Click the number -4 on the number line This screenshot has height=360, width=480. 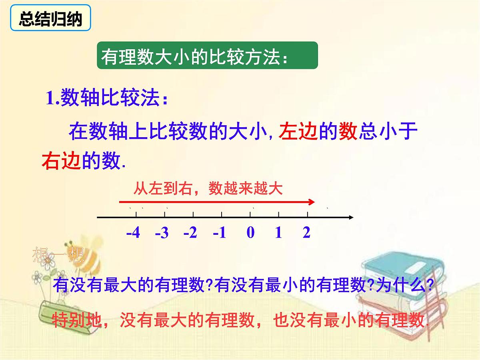133,232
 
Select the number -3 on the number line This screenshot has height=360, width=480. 162,232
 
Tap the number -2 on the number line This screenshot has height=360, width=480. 190,232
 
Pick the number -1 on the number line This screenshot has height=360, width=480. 220,232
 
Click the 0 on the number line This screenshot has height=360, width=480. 250,232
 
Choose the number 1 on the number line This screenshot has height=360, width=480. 278,232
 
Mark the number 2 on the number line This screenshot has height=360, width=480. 306,232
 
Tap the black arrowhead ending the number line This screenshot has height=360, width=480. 351,218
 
